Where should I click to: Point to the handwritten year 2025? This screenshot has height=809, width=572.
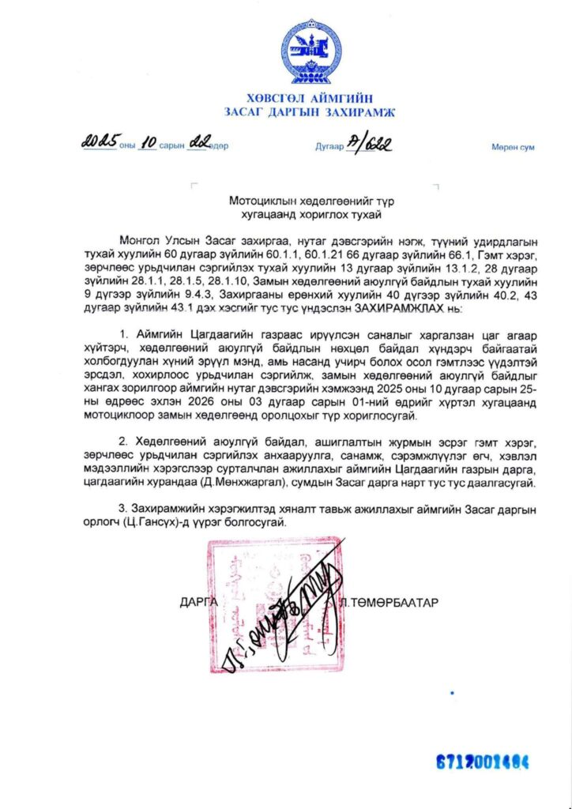point(97,144)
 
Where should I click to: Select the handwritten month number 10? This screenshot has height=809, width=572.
point(148,145)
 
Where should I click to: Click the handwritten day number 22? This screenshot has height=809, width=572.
point(198,144)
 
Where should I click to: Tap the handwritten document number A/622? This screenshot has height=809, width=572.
point(368,144)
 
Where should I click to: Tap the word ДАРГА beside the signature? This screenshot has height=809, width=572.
point(198,602)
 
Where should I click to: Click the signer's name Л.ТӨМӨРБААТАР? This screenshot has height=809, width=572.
point(400,602)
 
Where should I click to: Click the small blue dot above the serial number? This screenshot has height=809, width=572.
point(452,693)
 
